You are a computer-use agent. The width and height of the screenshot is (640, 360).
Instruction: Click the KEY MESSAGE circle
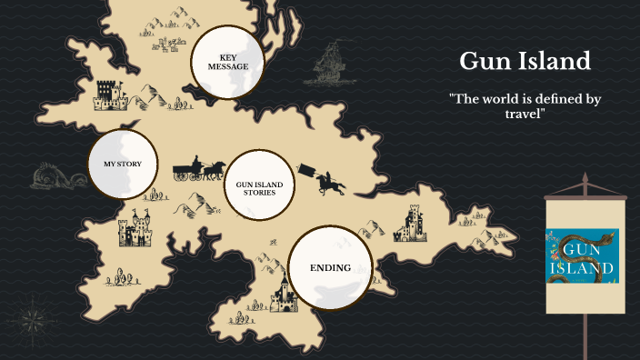226,61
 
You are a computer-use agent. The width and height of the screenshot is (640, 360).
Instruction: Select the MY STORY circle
122,164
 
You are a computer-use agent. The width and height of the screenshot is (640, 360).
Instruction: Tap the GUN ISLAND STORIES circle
259,187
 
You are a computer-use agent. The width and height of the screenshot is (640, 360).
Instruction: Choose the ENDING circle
330,267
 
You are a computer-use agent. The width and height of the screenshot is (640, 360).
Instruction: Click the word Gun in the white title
483,61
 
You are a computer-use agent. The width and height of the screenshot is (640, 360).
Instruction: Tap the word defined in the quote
556,98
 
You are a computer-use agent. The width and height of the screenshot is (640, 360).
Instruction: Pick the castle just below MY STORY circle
135,231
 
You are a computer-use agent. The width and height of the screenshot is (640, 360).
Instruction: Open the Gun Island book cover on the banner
582,256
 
